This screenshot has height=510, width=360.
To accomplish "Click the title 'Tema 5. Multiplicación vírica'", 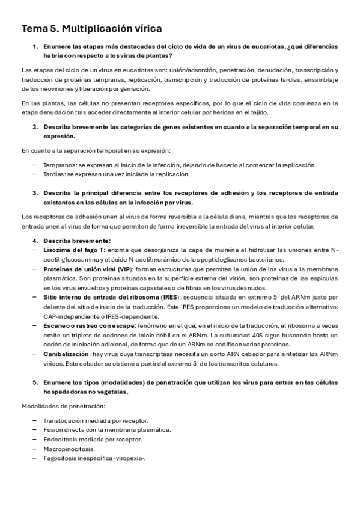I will tap(91, 28).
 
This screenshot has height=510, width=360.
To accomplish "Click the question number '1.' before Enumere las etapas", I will tap(35, 46).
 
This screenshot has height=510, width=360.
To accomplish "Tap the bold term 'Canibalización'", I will tap(67, 355).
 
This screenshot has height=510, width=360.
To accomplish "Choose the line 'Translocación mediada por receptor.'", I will tap(96, 420).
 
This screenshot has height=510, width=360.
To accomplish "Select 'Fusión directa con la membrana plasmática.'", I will tap(107, 429).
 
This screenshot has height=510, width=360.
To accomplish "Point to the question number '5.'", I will tap(35, 382).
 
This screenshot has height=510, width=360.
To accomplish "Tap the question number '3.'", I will tap(35, 193).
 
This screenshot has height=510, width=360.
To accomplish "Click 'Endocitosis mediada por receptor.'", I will tap(92, 439).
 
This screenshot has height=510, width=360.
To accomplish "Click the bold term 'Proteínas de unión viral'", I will tap(78, 269).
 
